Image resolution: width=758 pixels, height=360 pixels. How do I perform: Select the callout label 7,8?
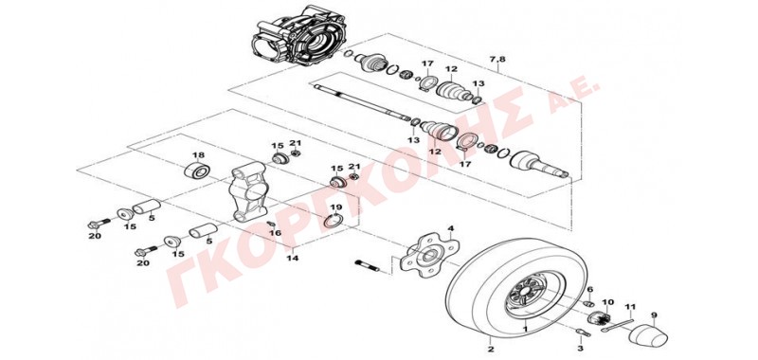coord(497,60)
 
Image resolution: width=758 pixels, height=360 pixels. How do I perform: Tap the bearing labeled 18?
coord(198,171)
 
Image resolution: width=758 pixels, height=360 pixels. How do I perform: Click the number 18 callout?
coord(198,155)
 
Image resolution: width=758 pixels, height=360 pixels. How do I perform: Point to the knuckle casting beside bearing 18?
coord(249,191)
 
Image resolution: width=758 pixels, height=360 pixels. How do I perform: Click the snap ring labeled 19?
coord(334,222)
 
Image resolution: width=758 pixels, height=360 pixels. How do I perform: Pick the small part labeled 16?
coord(272,224)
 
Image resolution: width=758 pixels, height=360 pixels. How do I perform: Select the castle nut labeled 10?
coord(600,319)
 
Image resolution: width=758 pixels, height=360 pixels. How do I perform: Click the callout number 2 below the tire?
coord(490,350)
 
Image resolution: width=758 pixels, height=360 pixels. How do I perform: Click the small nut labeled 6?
coord(588,303)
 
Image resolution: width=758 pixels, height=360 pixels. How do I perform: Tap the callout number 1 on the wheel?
coord(526,328)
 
